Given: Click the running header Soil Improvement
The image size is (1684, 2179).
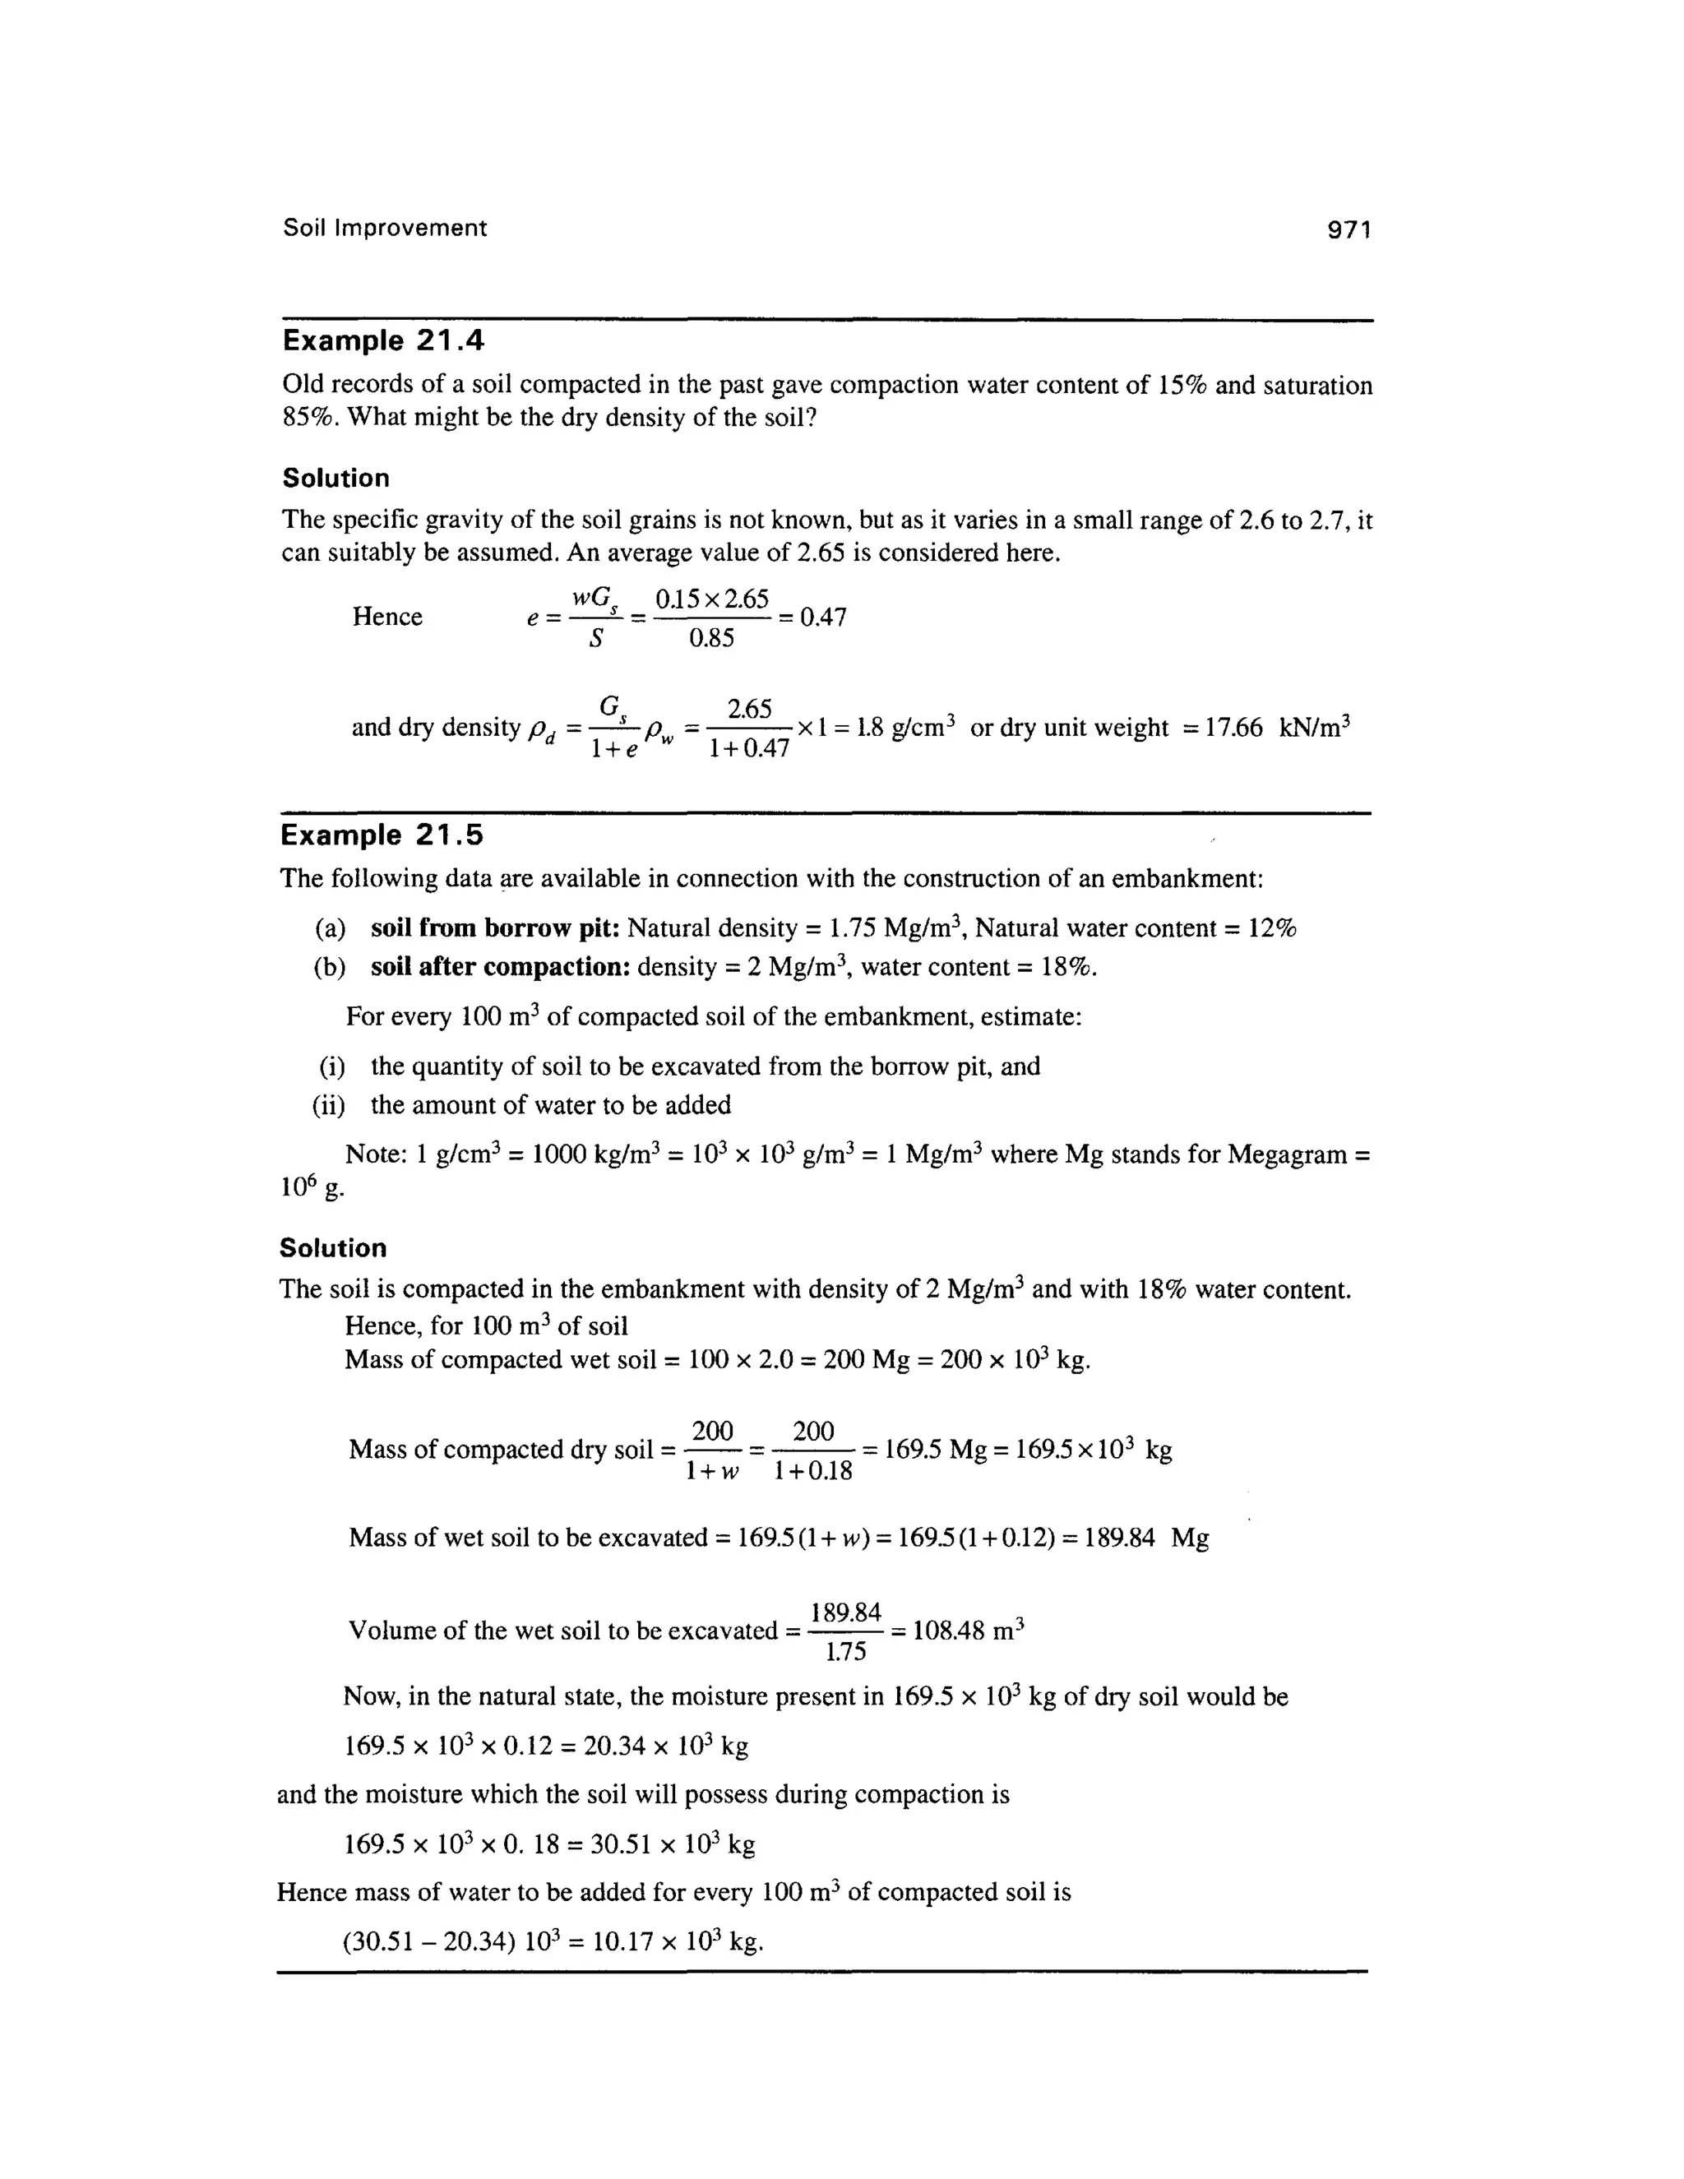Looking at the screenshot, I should click(x=385, y=228).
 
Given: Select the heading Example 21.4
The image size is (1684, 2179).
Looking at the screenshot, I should click(x=383, y=341).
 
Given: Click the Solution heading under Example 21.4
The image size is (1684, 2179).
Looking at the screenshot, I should click(x=336, y=478).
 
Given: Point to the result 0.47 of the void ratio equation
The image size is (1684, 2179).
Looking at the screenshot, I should click(x=823, y=618).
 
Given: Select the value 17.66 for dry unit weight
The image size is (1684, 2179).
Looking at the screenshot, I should click(x=1234, y=728).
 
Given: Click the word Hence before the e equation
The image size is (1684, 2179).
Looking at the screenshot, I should click(x=387, y=617).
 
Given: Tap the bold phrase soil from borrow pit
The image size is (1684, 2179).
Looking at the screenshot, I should click(x=496, y=929).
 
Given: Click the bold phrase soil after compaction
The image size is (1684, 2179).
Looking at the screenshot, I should click(x=500, y=967).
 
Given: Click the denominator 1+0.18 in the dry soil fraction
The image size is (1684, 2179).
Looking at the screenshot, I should click(x=813, y=1471).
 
